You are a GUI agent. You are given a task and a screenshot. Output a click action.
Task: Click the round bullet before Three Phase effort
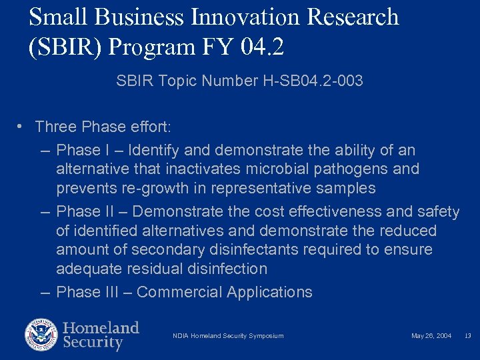tap(22, 126)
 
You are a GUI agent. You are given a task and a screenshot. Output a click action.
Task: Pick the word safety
tap(439, 212)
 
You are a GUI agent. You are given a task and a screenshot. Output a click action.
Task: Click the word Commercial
tap(179, 292)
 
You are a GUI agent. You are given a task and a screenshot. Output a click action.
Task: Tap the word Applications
tap(269, 292)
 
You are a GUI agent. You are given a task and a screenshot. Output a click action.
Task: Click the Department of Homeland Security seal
tap(41, 335)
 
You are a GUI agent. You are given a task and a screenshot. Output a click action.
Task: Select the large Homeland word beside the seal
tap(101, 328)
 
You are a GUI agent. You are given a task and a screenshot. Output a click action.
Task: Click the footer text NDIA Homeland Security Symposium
tap(228, 336)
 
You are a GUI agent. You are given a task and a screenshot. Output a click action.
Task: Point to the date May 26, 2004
tap(431, 336)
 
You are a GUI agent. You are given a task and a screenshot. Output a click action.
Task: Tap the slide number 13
tap(468, 336)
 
